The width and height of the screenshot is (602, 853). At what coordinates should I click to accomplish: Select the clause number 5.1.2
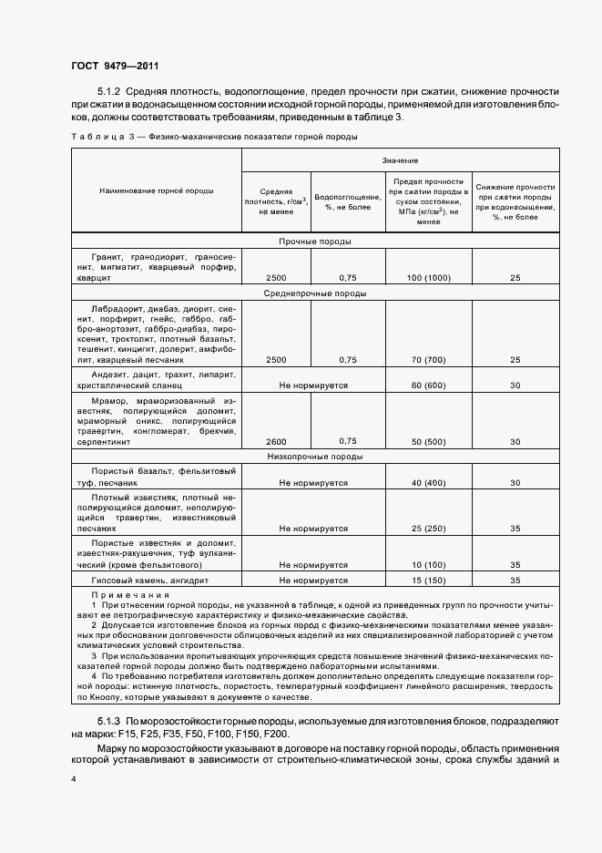point(109,92)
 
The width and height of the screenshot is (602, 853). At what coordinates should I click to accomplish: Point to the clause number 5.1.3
point(109,722)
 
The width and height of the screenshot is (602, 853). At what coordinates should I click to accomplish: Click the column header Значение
point(402,159)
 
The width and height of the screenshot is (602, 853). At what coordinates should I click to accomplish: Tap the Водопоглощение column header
point(347,201)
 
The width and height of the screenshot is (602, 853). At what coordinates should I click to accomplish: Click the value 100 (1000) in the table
point(427,277)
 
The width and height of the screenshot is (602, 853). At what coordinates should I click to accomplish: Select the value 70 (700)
point(427,360)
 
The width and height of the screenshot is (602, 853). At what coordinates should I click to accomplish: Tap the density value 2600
point(275,441)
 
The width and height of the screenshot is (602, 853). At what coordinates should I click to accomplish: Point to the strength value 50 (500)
point(427,441)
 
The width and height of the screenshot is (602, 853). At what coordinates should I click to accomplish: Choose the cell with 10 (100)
point(427,565)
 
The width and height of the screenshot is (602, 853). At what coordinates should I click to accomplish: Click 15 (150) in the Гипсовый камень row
point(427,580)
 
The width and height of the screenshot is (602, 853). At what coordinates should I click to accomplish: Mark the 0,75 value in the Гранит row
point(347,277)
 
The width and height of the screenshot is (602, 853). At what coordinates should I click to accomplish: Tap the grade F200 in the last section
point(275,735)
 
